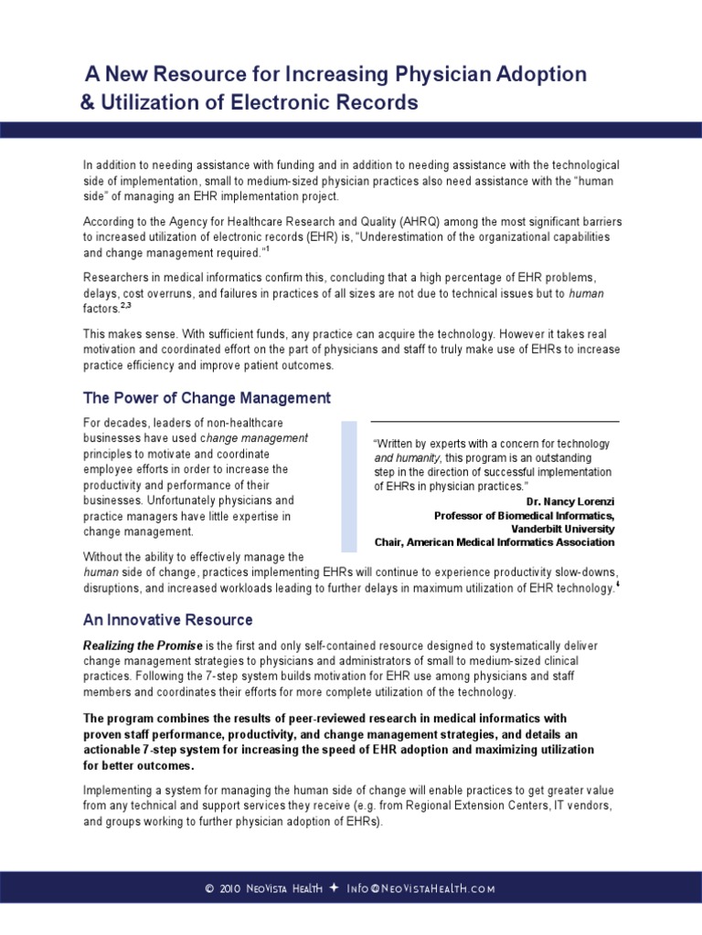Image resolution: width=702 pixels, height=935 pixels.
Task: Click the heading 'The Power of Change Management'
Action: click(207, 398)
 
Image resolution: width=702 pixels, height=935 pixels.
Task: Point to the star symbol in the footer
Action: click(334, 888)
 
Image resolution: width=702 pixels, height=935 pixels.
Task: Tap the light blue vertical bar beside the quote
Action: click(349, 487)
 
